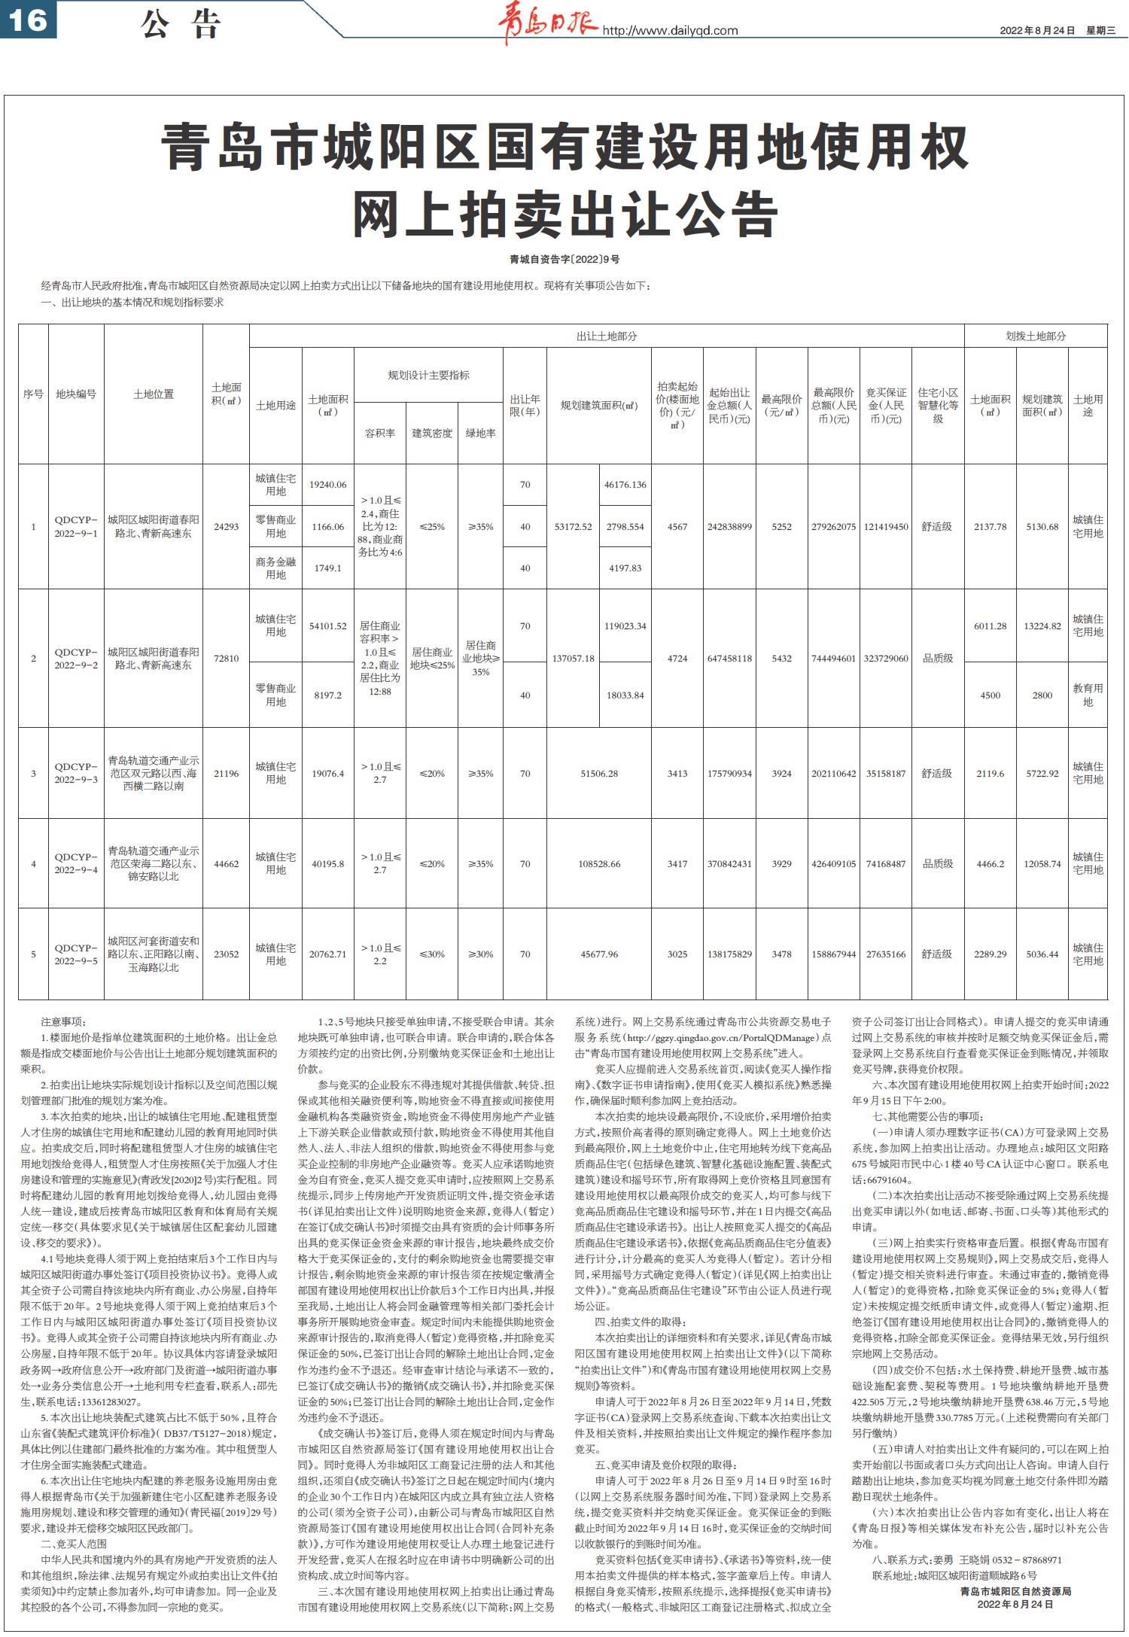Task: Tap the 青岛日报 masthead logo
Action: (x=548, y=25)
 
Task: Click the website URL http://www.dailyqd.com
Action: (x=671, y=31)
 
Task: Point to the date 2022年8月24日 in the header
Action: (x=1037, y=31)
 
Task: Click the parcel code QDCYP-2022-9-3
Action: (x=76, y=774)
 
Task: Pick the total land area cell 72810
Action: (x=226, y=659)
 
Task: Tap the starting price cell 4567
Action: (x=677, y=527)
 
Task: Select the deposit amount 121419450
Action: (x=887, y=527)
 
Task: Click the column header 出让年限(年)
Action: (x=525, y=406)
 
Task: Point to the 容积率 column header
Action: (x=380, y=434)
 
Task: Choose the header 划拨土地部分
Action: (x=1036, y=336)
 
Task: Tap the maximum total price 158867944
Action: (x=834, y=954)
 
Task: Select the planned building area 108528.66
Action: (x=599, y=864)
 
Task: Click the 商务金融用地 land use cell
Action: (x=275, y=568)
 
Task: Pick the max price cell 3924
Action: (x=781, y=774)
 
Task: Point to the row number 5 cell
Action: (x=33, y=954)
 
